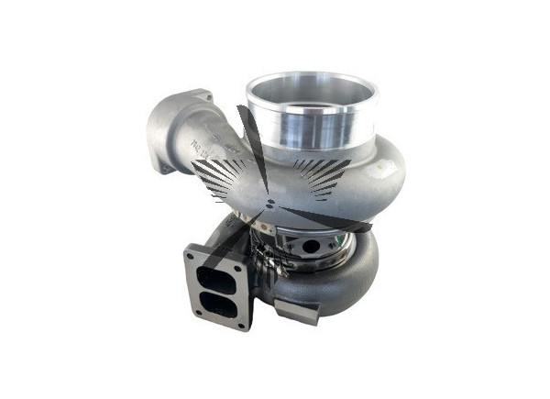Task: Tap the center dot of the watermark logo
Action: [x=269, y=199]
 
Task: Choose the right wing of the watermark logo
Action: [x=321, y=174]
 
